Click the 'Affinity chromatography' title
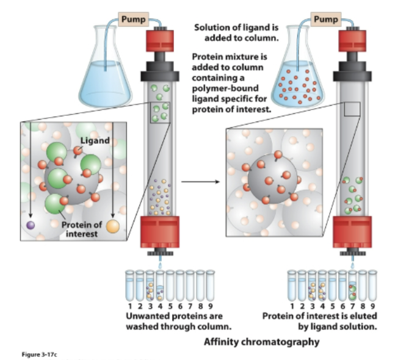point(262,342)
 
